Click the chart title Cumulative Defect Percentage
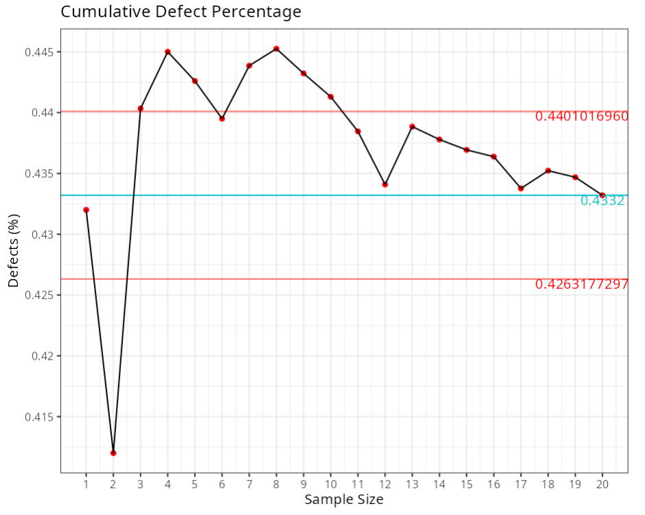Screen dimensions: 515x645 [181, 12]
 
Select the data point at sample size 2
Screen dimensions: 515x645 [113, 452]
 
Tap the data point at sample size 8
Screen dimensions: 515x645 [276, 49]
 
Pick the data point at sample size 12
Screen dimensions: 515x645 [385, 184]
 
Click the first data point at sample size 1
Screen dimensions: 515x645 [86, 210]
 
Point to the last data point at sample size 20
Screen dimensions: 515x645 [602, 195]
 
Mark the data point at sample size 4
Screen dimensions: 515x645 [168, 52]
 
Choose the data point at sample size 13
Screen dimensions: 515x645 [412, 127]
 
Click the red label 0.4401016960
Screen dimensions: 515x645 [581, 116]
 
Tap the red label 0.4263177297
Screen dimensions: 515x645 [581, 284]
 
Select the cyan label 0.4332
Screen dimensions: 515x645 [602, 201]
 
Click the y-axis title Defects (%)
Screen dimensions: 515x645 [14, 250]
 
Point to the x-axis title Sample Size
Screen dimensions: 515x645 [343, 500]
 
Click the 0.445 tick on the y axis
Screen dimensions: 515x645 [41, 52]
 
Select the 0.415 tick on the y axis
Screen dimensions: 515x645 [41, 417]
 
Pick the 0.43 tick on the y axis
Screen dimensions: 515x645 [44, 234]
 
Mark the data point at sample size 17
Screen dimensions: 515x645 [521, 188]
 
